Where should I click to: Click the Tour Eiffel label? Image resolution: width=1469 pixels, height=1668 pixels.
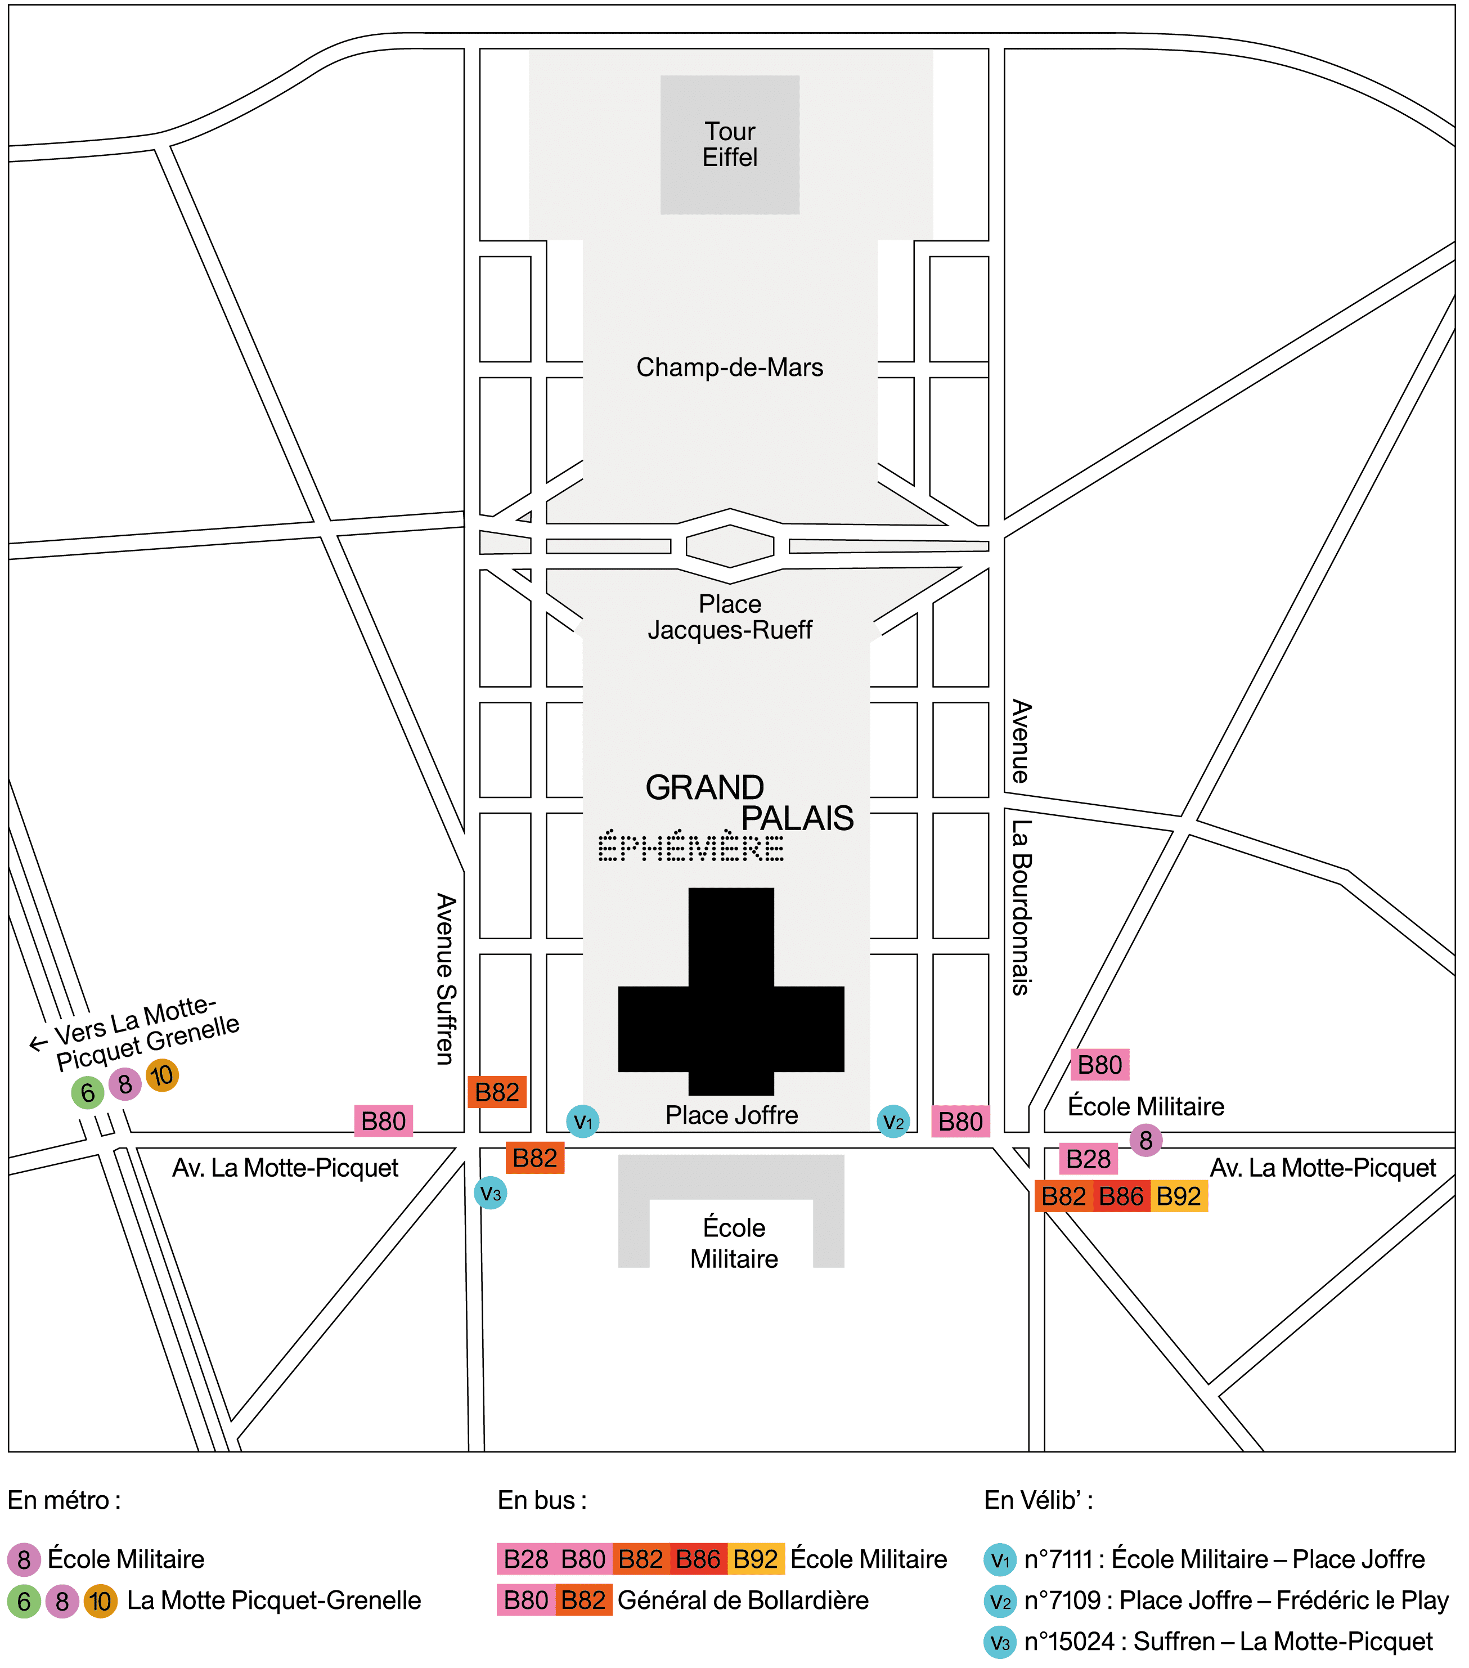pos(730,145)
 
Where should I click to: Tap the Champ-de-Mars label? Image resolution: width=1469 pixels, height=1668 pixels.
pos(730,367)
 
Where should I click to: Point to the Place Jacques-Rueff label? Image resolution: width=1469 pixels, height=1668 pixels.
pos(730,617)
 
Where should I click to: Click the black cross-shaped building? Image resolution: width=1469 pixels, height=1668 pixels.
pos(731,990)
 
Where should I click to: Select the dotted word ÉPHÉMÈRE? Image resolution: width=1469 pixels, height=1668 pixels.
pos(691,846)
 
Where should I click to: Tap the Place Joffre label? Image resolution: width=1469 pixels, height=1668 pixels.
pos(731,1115)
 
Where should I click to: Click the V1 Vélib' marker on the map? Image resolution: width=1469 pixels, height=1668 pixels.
pos(583,1121)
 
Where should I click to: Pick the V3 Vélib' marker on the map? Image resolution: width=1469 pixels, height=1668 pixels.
pos(490,1193)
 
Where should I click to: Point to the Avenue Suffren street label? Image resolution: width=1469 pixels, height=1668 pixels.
pos(446,979)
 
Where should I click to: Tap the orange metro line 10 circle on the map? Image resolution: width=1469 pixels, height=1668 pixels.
pos(163,1075)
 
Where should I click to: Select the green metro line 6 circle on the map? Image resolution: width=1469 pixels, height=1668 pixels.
pos(87,1093)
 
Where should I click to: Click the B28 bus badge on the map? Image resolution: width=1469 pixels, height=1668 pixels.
pos(1088,1159)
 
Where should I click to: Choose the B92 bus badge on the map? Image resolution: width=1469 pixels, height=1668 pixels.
pos(1179,1196)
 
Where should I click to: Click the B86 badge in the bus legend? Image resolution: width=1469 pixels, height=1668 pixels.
pos(698,1559)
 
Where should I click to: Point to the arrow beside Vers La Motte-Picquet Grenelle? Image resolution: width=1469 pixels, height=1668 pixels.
pos(38,1044)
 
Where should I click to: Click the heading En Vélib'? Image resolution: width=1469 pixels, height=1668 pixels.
pos(1039,1500)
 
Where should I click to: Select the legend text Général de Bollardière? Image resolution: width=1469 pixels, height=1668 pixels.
pos(743,1600)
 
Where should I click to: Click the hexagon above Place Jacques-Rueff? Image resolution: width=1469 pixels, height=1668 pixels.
pos(730,546)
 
